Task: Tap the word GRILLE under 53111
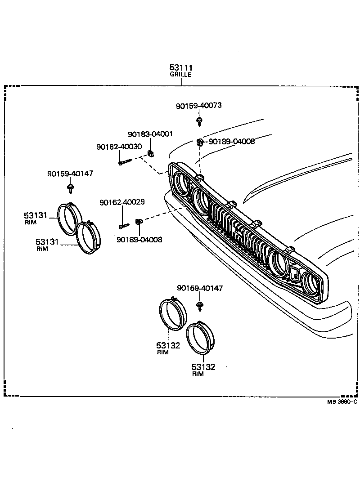pyautogui.click(x=180, y=75)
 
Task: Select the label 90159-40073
pyautogui.click(x=199, y=106)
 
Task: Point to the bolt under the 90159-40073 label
pyautogui.click(x=199, y=121)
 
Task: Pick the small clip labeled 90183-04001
pyautogui.click(x=151, y=153)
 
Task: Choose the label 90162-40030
pyautogui.click(x=119, y=147)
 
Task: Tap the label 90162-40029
pyautogui.click(x=122, y=202)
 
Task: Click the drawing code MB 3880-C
pyautogui.click(x=342, y=402)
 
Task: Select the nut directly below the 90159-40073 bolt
pyautogui.click(x=199, y=143)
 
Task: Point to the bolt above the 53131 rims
pyautogui.click(x=70, y=186)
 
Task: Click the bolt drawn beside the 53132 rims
pyautogui.click(x=199, y=307)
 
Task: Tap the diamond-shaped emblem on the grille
pyautogui.click(x=295, y=274)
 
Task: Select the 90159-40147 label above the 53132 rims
pyautogui.click(x=200, y=288)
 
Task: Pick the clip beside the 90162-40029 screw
pyautogui.click(x=139, y=221)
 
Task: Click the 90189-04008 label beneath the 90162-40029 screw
pyautogui.click(x=139, y=240)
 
